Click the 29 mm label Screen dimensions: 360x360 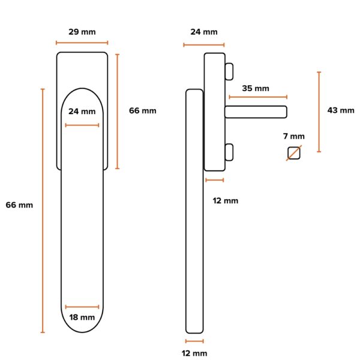click(x=82, y=32)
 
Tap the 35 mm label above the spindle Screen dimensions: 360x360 click(x=256, y=88)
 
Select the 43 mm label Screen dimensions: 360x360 click(x=341, y=110)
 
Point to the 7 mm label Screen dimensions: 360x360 click(x=294, y=136)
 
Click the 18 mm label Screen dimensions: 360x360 click(x=82, y=317)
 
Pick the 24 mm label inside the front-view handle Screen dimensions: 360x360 click(x=82, y=112)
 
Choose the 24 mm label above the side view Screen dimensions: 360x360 click(x=204, y=32)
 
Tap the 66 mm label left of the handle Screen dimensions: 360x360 click(x=19, y=205)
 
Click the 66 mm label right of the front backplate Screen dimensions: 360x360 click(x=143, y=110)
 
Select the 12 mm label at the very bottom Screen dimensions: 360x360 click(x=194, y=353)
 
